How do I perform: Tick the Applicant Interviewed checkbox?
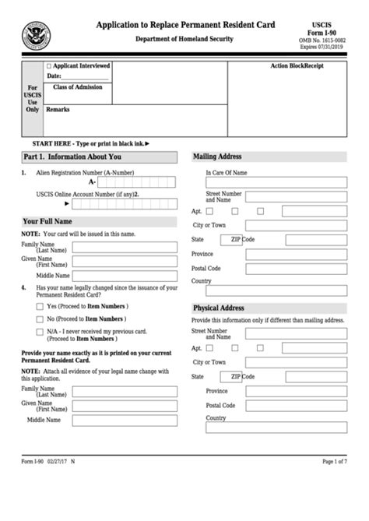49,66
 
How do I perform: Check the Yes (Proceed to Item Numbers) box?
40,307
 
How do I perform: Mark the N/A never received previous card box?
40,331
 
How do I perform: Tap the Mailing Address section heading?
217,157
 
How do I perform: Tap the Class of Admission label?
77,87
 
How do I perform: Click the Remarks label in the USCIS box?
58,110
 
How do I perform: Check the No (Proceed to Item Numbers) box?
40,319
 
